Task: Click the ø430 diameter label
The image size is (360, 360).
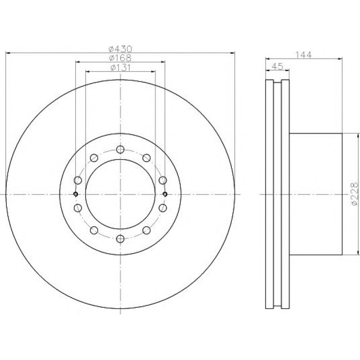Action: (120, 49)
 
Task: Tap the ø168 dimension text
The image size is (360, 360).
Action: (120, 58)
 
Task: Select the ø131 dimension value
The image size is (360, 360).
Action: (120, 68)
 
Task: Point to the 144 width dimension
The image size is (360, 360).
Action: (303, 55)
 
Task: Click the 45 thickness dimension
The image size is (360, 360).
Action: (277, 66)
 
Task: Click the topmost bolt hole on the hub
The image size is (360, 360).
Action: (120, 150)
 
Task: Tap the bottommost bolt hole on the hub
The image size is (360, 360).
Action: (120, 239)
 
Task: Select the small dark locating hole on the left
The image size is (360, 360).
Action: (76, 194)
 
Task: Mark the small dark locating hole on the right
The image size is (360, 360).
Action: (165, 194)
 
